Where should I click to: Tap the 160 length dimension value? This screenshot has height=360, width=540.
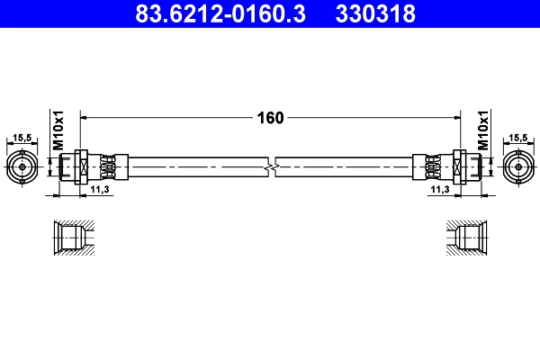(270, 117)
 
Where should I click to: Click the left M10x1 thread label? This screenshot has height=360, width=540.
(57, 131)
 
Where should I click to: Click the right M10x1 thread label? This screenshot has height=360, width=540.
(483, 131)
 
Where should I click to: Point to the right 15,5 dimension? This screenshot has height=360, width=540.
(519, 138)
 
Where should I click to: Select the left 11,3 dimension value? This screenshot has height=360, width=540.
(101, 191)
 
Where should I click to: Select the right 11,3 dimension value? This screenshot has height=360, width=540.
(439, 191)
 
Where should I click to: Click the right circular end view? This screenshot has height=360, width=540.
(519, 166)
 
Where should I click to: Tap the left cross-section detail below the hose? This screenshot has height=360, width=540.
(72, 238)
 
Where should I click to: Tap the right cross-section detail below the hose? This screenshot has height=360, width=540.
(467, 238)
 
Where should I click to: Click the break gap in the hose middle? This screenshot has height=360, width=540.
(272, 166)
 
